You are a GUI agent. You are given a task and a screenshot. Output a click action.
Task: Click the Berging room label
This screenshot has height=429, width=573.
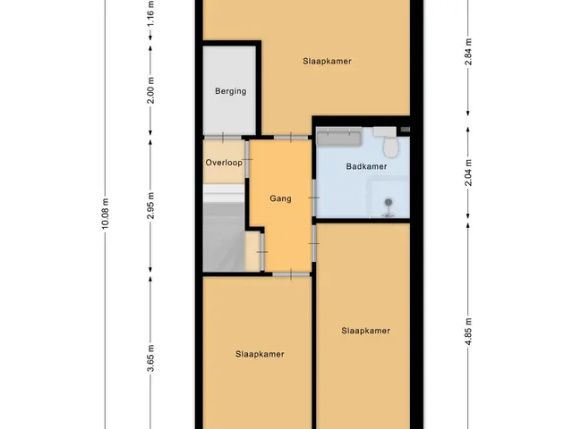[230, 91]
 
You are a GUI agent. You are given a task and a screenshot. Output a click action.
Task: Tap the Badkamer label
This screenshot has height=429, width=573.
[366, 167]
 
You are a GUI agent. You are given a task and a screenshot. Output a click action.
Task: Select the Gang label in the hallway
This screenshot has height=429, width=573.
[280, 198]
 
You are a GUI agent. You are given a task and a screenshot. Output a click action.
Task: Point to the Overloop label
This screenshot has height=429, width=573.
[224, 163]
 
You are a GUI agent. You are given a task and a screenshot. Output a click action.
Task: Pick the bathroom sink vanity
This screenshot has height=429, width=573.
[338, 137]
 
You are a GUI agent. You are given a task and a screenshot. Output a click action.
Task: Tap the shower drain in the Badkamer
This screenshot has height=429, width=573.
[388, 203]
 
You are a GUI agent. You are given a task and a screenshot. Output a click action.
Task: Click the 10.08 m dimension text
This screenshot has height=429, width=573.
[106, 214]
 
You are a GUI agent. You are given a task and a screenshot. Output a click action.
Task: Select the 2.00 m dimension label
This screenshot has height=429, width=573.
[150, 90]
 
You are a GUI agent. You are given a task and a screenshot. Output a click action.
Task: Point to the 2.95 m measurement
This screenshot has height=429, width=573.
[150, 206]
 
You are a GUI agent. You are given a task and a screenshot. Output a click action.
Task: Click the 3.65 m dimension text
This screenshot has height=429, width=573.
[150, 358]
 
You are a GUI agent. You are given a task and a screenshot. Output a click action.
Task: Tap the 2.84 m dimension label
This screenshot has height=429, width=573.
[468, 52]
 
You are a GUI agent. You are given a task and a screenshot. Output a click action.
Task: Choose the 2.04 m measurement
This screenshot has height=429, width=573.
[468, 172]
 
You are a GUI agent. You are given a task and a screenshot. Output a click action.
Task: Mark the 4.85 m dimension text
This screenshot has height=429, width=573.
[468, 331]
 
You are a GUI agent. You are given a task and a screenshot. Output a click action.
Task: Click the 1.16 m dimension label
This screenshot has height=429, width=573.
[150, 13]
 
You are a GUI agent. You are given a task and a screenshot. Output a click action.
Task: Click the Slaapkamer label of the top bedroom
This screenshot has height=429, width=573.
[327, 62]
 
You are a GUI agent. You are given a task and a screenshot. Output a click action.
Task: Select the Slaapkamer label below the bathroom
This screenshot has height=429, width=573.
[365, 331]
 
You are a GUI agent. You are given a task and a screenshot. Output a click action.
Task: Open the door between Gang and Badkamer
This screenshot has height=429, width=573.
[314, 198]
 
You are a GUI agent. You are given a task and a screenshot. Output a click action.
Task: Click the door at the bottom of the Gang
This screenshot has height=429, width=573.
[291, 274]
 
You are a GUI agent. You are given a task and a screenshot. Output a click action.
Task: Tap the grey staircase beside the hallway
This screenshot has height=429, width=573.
[224, 228]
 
